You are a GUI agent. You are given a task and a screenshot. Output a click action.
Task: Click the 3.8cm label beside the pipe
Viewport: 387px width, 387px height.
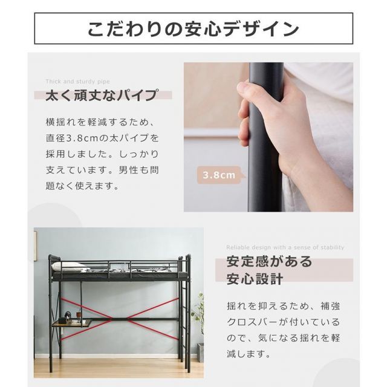coord(220,176)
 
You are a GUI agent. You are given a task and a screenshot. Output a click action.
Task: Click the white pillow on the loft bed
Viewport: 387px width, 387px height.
coord(70,266)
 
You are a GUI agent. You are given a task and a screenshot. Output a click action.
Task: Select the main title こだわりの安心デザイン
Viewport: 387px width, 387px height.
coord(193,29)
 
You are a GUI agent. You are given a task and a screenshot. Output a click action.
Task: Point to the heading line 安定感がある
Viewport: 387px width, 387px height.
coord(269,262)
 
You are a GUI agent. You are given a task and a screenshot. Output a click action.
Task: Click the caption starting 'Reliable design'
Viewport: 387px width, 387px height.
coord(285,247)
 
